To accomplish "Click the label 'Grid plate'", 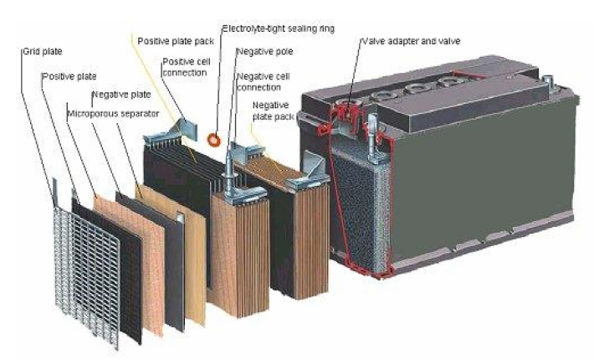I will coord(39,51).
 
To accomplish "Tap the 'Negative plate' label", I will coord(117,95).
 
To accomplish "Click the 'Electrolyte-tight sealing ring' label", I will coord(278,28).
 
